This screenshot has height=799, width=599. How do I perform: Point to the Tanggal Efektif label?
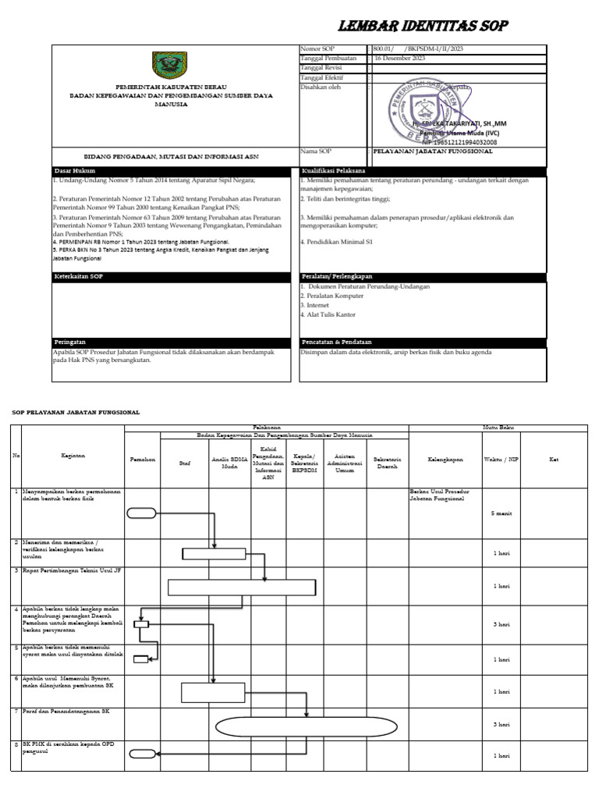(322, 77)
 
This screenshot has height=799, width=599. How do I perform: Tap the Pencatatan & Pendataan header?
(336, 342)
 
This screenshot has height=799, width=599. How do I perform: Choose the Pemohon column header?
(142, 460)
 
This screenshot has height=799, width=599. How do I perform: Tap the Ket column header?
(553, 460)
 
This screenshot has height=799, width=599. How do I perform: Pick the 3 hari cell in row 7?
(501, 725)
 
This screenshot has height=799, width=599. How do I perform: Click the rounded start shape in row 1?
(141, 513)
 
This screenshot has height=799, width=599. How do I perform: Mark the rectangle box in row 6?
(213, 692)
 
